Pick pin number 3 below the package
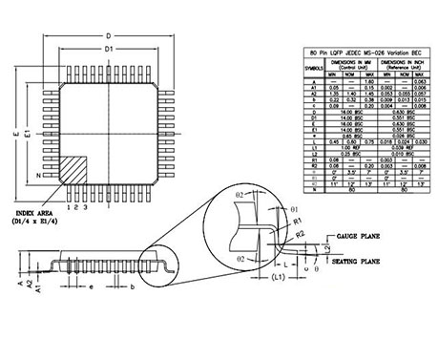(87, 205)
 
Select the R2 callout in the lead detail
(300, 232)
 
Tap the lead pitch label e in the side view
(90, 286)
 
